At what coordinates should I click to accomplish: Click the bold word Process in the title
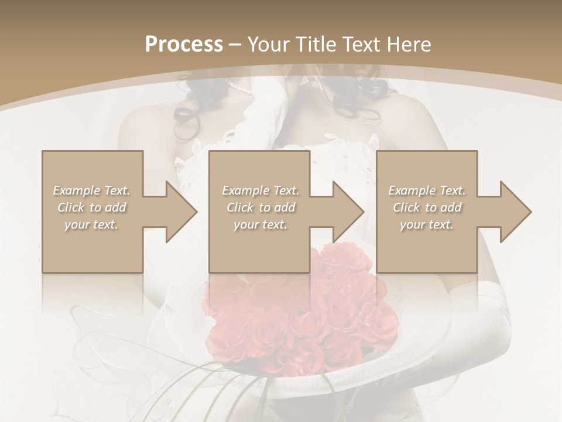(184, 45)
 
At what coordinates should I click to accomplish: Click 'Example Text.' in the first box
(92, 190)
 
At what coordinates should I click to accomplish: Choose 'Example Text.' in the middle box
(261, 190)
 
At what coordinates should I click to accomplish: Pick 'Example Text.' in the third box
(427, 190)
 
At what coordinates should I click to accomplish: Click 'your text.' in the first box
(92, 224)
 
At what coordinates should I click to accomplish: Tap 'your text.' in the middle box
(261, 224)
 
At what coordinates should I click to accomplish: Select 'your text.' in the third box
(427, 224)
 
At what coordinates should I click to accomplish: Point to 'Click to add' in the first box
(92, 207)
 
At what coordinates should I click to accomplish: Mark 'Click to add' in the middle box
(261, 207)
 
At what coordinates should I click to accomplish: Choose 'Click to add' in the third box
(427, 207)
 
